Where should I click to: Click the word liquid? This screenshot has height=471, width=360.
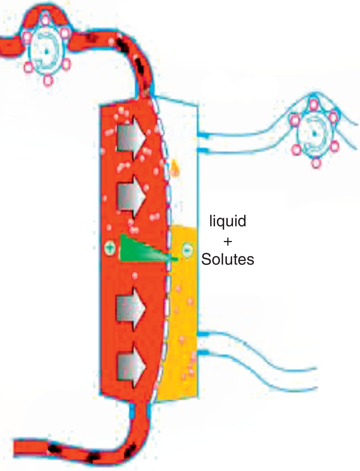click(228, 221)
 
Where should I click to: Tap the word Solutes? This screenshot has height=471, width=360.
click(228, 259)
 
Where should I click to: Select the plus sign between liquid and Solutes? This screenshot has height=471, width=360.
click(228, 242)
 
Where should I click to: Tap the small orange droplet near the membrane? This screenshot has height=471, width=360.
click(174, 167)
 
